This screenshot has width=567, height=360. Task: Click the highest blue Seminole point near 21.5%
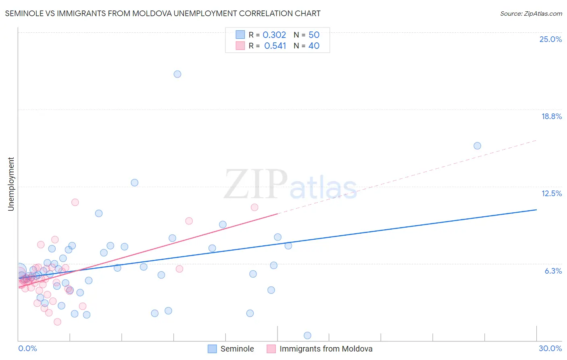coord(177,74)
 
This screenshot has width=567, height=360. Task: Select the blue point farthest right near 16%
coord(477,146)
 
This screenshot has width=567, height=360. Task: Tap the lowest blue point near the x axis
coord(307,335)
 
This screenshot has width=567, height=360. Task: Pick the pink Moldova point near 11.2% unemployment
coord(75,202)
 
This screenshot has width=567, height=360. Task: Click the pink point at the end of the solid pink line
coord(254,207)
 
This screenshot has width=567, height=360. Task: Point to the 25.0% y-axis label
coord(550,39)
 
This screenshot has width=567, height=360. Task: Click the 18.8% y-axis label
coord(551,116)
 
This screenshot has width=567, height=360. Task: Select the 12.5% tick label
coord(551,193)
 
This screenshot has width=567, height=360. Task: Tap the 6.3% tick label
coord(553,271)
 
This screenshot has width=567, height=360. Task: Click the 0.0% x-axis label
coord(27,348)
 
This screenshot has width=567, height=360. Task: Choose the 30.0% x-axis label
coord(550,348)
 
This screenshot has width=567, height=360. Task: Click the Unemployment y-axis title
coord(11,184)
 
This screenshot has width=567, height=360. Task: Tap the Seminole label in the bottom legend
coord(237,349)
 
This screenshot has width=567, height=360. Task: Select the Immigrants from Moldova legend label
coord(326,349)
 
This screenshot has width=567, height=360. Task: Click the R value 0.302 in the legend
coord(274,35)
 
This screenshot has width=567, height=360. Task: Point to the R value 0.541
coord(275,46)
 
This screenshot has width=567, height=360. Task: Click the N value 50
coord(314,35)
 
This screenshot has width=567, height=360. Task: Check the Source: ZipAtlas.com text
coord(531,14)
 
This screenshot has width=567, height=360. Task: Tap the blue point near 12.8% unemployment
coord(135,182)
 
